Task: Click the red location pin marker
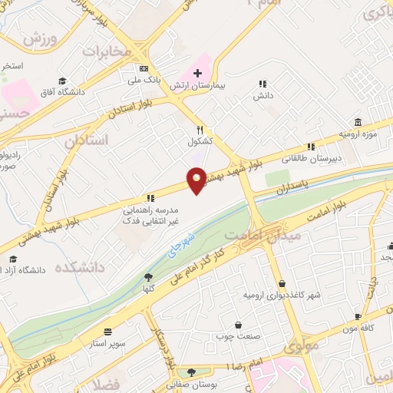tap(197, 181)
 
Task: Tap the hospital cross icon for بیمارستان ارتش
tap(197, 72)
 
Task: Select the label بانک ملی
tap(144, 78)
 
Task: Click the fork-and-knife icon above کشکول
tap(200, 130)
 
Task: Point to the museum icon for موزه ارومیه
tap(358, 123)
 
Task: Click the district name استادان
tap(87, 140)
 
